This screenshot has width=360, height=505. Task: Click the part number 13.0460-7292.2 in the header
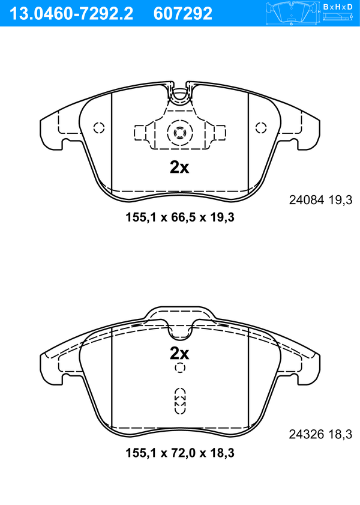click(71, 14)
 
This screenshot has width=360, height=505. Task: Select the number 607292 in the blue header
click(183, 14)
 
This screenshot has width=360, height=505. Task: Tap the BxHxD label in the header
click(338, 7)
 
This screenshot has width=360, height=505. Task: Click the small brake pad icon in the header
click(292, 13)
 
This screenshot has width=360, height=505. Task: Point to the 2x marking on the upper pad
click(179, 167)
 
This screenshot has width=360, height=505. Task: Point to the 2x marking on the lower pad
click(179, 354)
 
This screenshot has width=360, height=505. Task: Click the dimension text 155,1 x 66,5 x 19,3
click(180, 217)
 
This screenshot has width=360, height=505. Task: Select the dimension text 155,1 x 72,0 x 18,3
click(180, 453)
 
